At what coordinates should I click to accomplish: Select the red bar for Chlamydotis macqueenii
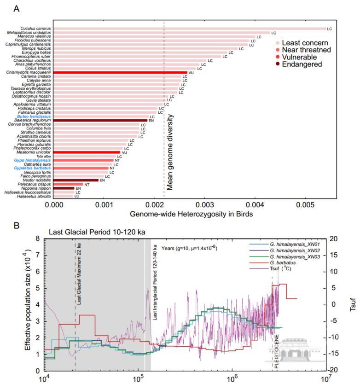click(120, 72)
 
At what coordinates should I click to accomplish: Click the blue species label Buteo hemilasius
click(37, 117)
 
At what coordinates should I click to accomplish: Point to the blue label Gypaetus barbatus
click(35, 168)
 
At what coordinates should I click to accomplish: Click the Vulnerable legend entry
click(299, 57)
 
